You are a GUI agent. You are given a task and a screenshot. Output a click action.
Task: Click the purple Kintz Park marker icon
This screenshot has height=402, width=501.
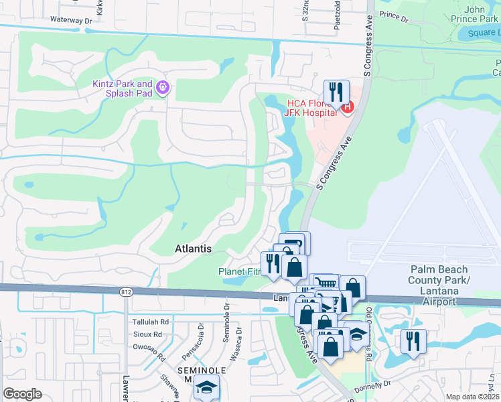[x=162, y=87]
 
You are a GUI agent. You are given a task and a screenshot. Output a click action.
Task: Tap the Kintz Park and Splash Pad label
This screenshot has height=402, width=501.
[x=123, y=88]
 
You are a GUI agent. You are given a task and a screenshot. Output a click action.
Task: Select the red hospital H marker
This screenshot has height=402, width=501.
[x=346, y=107]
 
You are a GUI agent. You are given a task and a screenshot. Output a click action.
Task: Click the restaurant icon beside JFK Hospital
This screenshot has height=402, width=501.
[x=336, y=91]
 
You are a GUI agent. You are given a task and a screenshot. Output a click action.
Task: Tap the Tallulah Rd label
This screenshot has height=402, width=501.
[x=150, y=322]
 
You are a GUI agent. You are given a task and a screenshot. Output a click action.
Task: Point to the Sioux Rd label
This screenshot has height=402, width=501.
[x=147, y=334]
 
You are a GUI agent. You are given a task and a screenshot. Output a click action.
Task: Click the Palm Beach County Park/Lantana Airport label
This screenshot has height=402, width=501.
[x=439, y=285]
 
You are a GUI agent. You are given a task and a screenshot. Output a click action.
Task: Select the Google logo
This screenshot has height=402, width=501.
[x=23, y=394]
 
